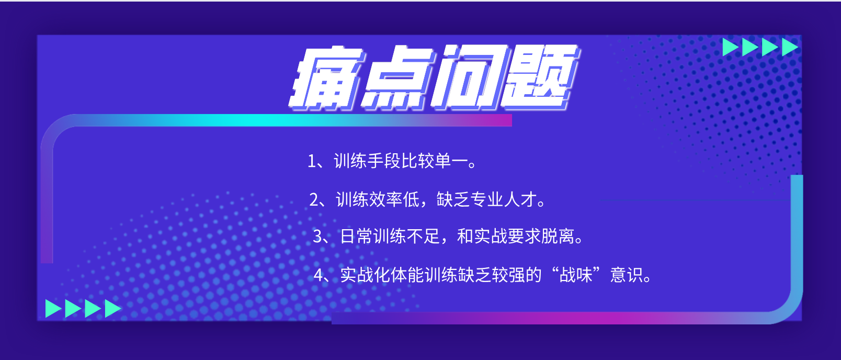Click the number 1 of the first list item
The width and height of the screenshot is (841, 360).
[311, 161]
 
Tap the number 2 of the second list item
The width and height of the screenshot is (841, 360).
[314, 199]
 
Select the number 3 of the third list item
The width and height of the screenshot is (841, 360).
[317, 237]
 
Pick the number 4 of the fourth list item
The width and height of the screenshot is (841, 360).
[319, 275]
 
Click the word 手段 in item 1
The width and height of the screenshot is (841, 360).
[384, 161]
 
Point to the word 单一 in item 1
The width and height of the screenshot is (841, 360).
[451, 161]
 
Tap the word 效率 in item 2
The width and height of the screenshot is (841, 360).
[386, 199]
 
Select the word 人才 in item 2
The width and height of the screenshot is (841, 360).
[520, 199]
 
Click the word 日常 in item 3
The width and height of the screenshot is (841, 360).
[356, 237]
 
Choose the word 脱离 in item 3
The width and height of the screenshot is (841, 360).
[558, 237]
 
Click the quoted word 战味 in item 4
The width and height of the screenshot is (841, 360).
[575, 275]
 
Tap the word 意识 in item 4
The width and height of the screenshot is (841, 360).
[626, 275]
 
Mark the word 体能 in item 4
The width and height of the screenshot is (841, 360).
[407, 275]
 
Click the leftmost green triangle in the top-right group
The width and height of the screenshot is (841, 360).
[731, 47]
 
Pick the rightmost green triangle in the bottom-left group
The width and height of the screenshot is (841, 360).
[113, 309]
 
